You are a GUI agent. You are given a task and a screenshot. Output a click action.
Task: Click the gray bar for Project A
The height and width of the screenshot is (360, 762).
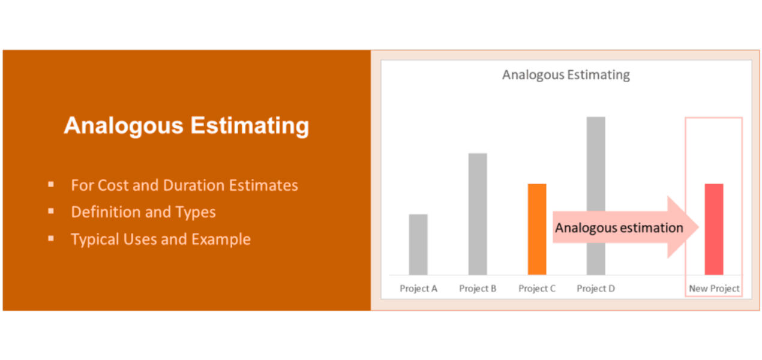(418, 244)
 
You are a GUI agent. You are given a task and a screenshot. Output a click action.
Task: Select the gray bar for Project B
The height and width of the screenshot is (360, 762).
(478, 214)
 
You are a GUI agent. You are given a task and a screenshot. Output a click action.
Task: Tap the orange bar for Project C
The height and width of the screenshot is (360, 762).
(537, 229)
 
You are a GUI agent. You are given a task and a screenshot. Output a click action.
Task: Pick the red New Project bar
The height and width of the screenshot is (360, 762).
(714, 229)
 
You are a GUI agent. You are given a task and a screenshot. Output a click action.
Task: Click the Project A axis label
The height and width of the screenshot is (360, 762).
(418, 289)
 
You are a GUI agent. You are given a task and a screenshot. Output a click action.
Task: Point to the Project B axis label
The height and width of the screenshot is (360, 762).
(478, 289)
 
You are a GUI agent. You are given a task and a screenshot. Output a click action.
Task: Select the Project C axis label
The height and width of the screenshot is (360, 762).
(537, 289)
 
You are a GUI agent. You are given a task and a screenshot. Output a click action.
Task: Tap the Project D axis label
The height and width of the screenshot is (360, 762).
(596, 289)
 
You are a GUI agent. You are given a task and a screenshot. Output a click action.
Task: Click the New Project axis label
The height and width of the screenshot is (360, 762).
(714, 289)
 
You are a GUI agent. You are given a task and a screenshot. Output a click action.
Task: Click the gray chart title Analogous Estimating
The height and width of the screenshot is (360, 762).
(566, 75)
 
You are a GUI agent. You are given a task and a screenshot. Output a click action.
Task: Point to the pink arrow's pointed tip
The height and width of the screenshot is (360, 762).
(699, 227)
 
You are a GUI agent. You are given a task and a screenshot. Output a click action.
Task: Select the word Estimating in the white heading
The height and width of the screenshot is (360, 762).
(250, 126)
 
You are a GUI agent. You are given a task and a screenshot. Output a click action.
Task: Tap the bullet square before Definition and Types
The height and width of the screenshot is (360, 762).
(51, 211)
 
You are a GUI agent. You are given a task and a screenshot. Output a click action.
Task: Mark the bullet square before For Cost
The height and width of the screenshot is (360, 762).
(51, 184)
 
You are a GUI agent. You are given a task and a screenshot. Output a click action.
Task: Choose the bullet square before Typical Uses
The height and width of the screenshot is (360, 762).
(51, 239)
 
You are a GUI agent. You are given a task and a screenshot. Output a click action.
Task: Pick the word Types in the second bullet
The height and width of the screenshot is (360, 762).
(196, 212)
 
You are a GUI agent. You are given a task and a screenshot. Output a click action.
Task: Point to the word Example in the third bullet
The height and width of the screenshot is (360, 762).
(221, 239)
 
